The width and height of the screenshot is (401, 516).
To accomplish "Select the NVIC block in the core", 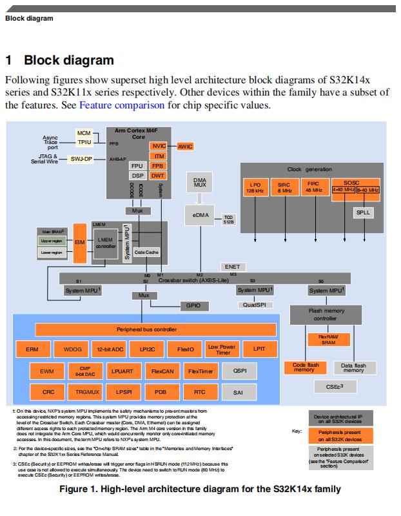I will click(159, 146).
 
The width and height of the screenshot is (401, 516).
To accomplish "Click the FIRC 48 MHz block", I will click(314, 187).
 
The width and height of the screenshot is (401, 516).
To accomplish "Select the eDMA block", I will click(199, 214).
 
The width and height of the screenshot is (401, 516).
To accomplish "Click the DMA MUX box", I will click(199, 183).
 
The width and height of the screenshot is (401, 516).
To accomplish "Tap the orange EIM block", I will click(80, 242).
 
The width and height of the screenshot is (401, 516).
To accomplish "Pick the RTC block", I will click(199, 392).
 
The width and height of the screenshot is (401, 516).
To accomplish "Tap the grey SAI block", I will click(238, 392).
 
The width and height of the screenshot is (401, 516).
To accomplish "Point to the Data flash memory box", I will click(353, 368).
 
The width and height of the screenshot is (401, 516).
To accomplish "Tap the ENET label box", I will click(231, 266).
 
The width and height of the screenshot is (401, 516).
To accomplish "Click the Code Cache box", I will click(147, 252).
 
